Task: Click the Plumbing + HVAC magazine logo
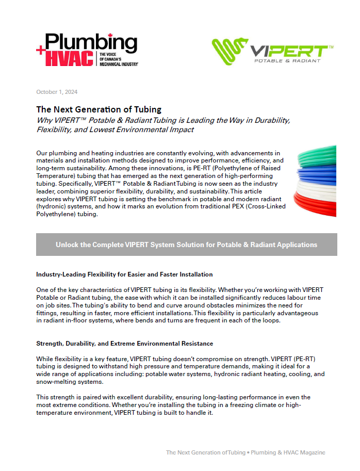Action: click(87, 50)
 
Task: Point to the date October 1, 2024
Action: click(57, 92)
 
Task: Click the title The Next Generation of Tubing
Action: click(99, 109)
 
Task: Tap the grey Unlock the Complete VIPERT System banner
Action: click(186, 245)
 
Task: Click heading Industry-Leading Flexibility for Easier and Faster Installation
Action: click(124, 274)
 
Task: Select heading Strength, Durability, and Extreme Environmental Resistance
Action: click(124, 343)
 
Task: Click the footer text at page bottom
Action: click(246, 452)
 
